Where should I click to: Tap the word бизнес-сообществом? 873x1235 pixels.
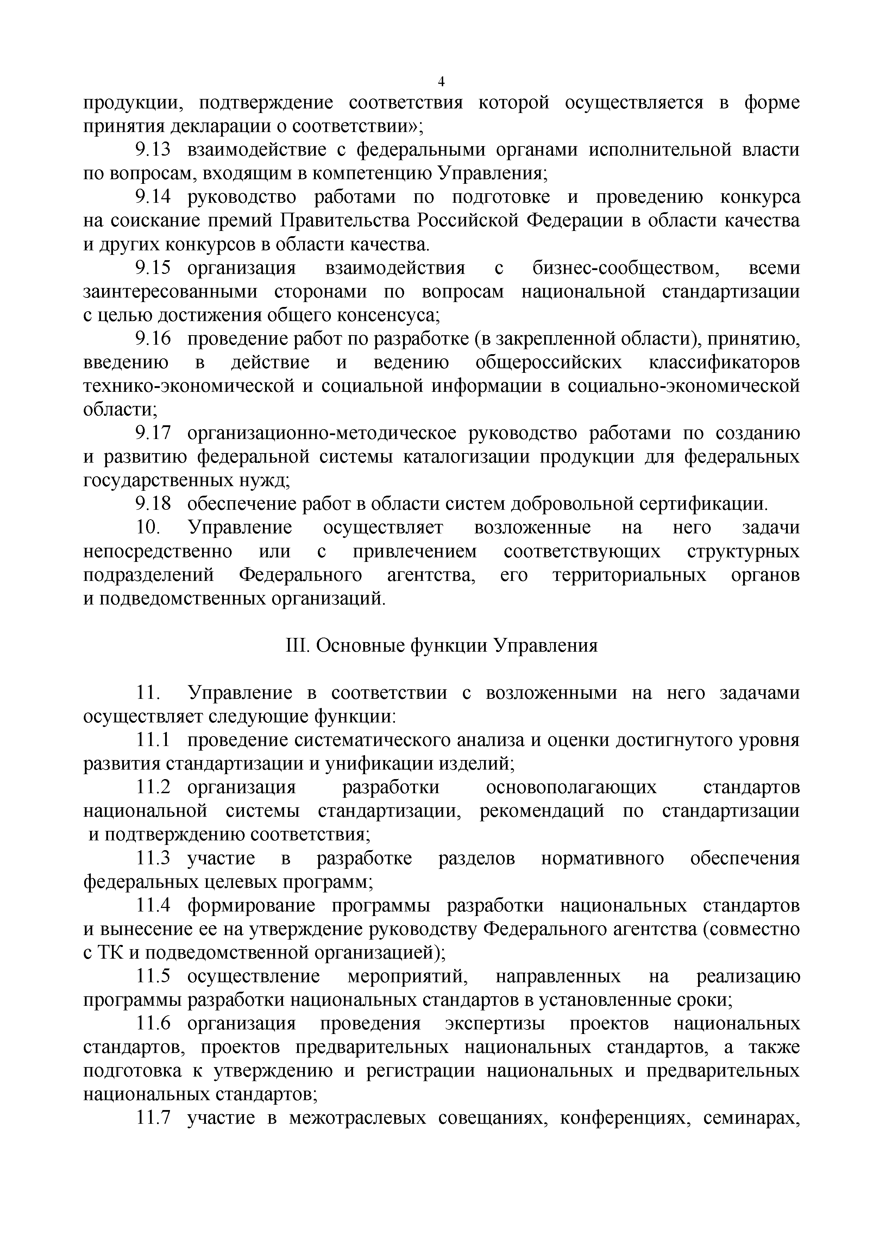[626, 268]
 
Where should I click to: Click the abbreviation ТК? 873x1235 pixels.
[111, 953]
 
